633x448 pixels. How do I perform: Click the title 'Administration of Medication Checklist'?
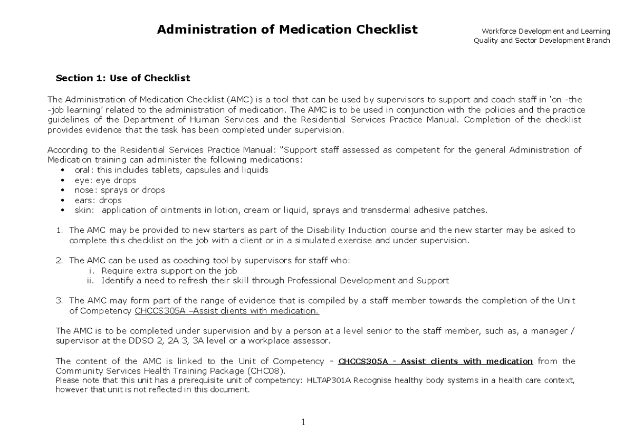[287, 30]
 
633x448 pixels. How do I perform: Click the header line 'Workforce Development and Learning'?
[542, 32]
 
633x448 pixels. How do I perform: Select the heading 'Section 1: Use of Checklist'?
[122, 79]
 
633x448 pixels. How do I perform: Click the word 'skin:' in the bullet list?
[85, 210]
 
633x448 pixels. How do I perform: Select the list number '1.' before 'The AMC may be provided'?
[59, 230]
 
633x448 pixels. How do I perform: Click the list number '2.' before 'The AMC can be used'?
[59, 260]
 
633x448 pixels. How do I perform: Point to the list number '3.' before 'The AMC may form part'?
[59, 301]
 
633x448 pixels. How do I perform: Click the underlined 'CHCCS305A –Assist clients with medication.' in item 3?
[227, 311]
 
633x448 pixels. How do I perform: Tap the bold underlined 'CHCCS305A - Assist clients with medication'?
[435, 361]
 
